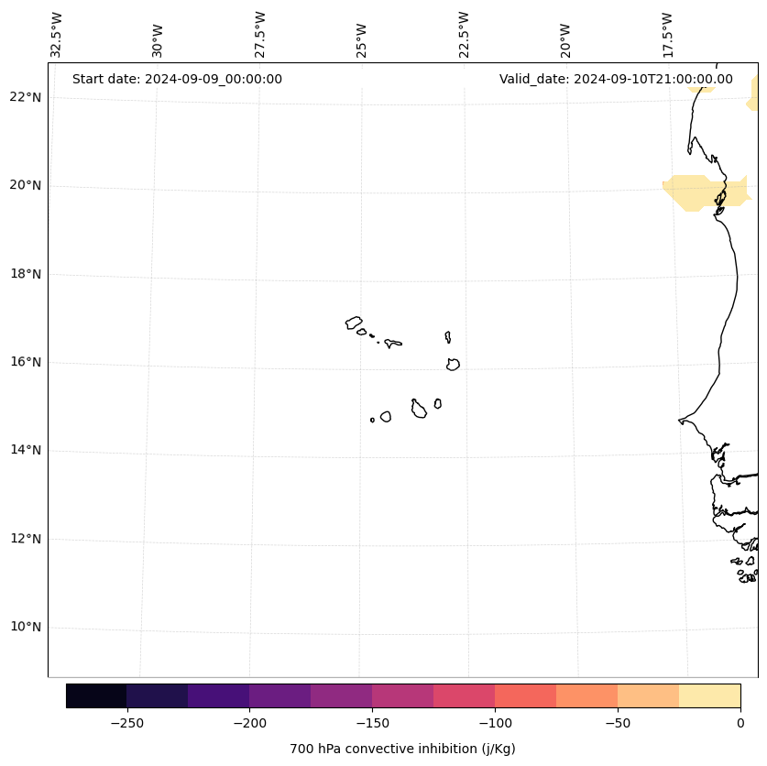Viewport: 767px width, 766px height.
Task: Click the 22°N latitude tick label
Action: click(25, 97)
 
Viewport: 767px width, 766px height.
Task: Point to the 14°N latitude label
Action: click(25, 450)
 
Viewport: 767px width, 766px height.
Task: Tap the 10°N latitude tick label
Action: click(25, 627)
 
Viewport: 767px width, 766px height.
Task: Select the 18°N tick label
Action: click(25, 274)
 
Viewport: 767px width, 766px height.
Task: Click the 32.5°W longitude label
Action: click(57, 35)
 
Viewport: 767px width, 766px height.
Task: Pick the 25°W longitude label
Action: click(362, 40)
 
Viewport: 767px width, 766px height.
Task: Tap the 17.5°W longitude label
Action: click(668, 35)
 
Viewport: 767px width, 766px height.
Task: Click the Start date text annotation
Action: click(177, 79)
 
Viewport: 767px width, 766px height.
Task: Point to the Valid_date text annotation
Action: click(616, 79)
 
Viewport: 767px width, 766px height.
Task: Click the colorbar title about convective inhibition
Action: click(402, 749)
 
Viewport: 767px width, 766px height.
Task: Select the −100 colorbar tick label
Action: click(495, 722)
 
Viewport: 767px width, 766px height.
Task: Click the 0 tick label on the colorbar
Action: click(740, 722)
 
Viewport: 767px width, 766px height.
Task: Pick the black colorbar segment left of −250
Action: click(96, 695)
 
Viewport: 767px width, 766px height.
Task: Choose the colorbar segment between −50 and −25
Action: click(648, 695)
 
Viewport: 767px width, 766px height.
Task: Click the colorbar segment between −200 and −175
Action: click(279, 695)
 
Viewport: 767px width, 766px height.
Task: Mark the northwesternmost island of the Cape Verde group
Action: click(354, 323)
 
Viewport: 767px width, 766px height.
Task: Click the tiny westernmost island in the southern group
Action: click(372, 420)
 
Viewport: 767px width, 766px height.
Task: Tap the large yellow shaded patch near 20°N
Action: click(696, 191)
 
